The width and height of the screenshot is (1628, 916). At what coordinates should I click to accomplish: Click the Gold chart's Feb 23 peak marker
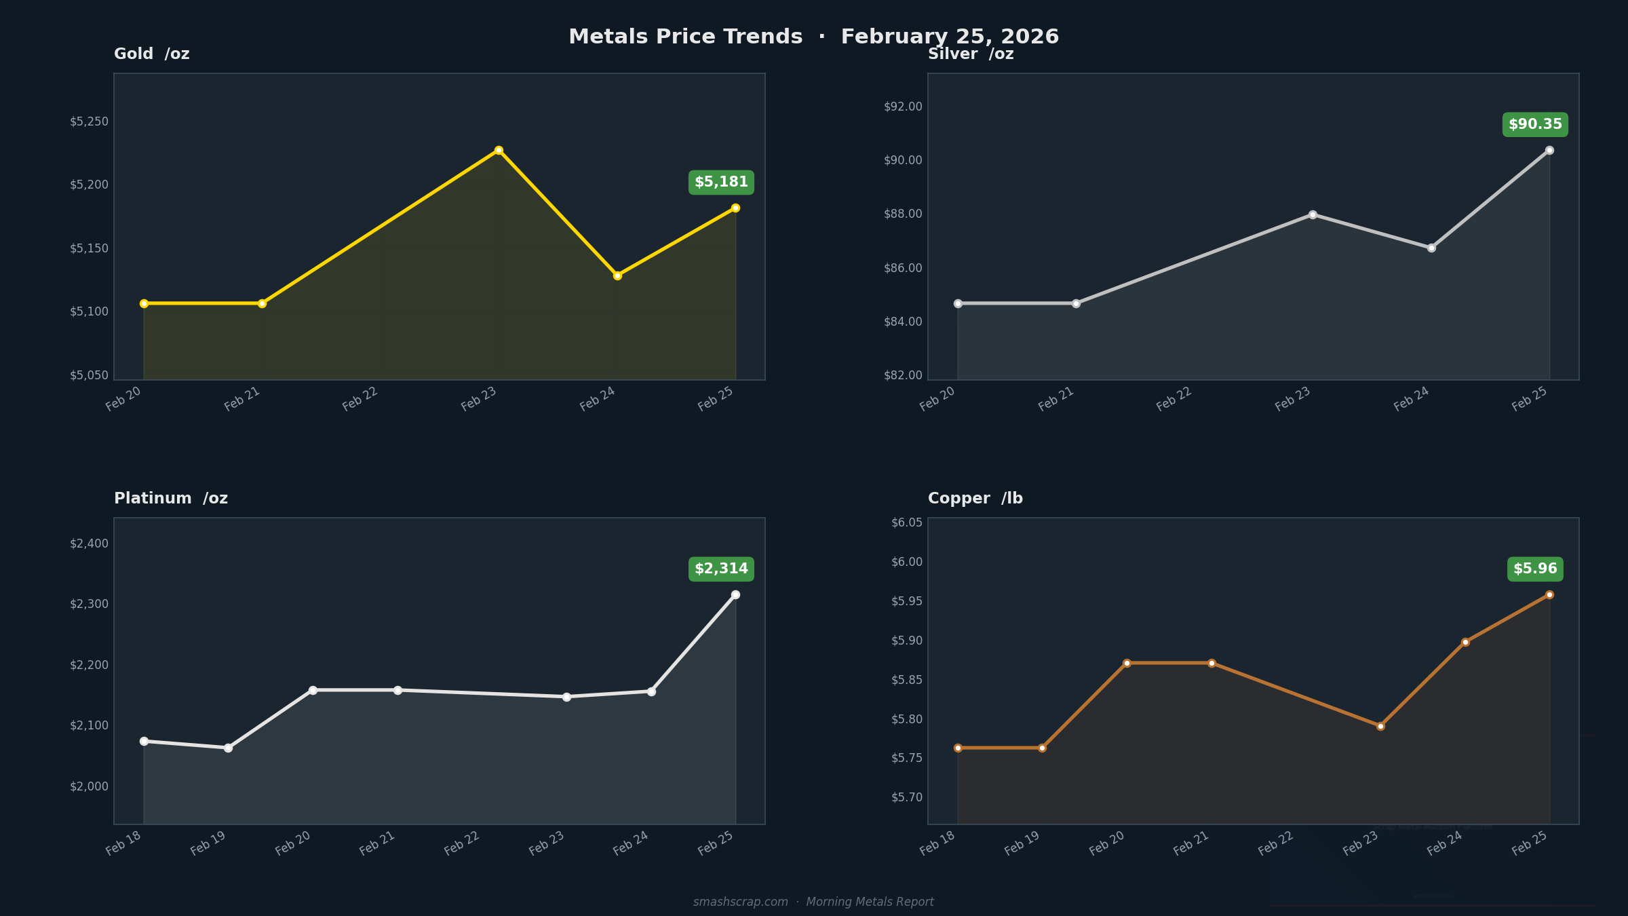click(499, 150)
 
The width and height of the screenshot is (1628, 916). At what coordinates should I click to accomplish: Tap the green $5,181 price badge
click(721, 183)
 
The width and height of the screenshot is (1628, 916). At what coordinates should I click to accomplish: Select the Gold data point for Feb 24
click(617, 275)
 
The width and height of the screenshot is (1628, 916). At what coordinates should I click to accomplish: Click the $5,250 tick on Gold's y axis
click(89, 121)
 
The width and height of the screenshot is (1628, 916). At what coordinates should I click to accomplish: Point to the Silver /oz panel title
click(971, 54)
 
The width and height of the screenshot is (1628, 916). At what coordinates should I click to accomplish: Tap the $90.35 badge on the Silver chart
click(1535, 125)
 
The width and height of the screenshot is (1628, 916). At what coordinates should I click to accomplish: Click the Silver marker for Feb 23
click(1313, 214)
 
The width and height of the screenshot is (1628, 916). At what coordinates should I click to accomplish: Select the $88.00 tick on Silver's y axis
click(903, 214)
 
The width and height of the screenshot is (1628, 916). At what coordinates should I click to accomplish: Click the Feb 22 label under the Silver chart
click(1174, 399)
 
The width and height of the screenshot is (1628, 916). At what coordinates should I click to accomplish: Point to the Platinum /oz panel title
click(171, 499)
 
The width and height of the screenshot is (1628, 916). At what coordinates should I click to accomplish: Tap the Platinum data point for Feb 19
click(228, 748)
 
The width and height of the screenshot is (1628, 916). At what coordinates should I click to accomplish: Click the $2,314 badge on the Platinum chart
click(721, 569)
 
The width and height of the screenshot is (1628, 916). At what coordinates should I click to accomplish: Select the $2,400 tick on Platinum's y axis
click(89, 543)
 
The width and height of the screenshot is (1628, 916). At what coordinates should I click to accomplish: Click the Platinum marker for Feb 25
click(735, 594)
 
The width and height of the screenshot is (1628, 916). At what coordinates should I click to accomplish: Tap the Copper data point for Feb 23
click(1380, 726)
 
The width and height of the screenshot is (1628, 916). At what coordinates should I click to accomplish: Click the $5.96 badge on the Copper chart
click(1535, 569)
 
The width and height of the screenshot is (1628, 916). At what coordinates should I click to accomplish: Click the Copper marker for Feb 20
click(1127, 663)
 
